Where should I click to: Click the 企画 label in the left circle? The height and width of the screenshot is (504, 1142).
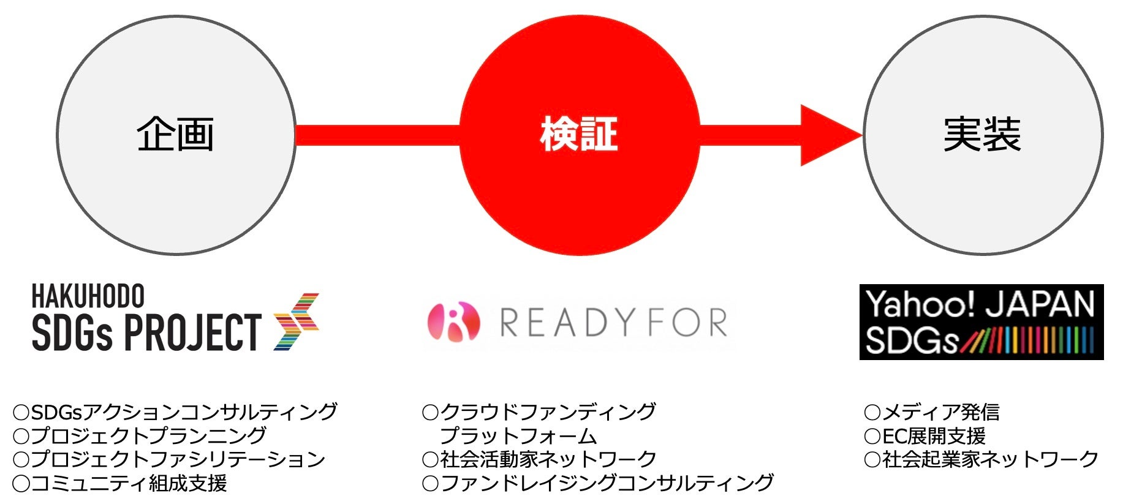[x=175, y=135]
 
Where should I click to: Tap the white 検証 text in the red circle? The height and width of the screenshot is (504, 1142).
[x=578, y=135]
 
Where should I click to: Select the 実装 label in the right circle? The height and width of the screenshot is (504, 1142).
[x=982, y=135]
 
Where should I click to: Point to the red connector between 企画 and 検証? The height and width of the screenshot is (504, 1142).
[x=377, y=135]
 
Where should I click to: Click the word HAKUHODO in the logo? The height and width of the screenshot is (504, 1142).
[x=88, y=296]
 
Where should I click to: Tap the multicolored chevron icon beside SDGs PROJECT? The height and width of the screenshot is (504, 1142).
[x=297, y=322]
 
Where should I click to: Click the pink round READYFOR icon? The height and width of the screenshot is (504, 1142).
[x=453, y=322]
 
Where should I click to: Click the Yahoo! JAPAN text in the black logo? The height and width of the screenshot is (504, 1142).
[x=980, y=304]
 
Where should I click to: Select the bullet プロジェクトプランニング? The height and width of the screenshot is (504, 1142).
[x=140, y=435]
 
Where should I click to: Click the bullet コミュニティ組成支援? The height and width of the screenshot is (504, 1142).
[x=120, y=483]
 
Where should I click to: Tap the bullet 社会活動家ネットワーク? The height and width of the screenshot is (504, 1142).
[x=540, y=459]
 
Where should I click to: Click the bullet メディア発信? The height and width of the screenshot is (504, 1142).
[x=932, y=412]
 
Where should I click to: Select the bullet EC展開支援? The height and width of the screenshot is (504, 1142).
[x=925, y=435]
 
